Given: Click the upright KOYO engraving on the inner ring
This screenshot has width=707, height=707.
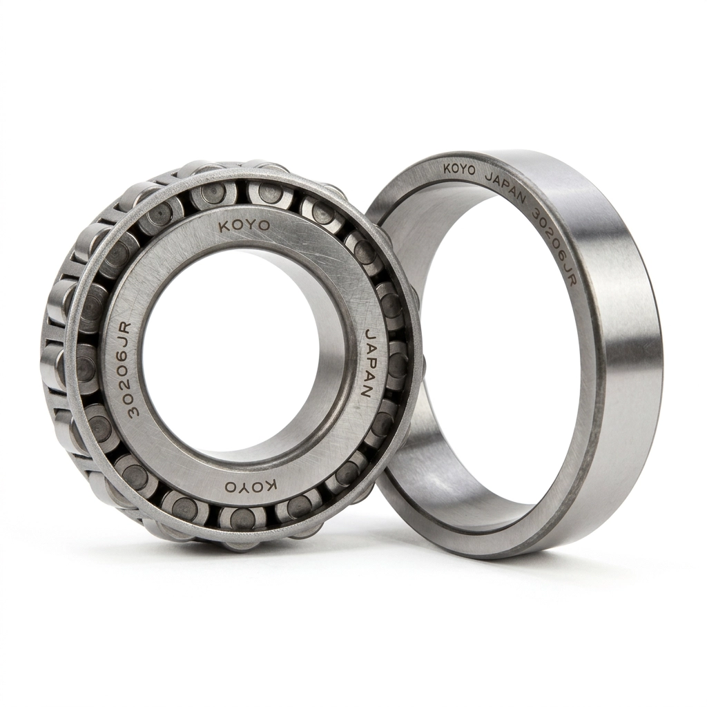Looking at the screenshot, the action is (244, 226).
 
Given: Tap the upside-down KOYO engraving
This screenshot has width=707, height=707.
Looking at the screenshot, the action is (251, 486).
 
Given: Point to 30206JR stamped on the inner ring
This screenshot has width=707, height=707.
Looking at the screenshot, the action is (128, 369).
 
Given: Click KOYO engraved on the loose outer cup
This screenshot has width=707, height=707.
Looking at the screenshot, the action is (459, 169).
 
